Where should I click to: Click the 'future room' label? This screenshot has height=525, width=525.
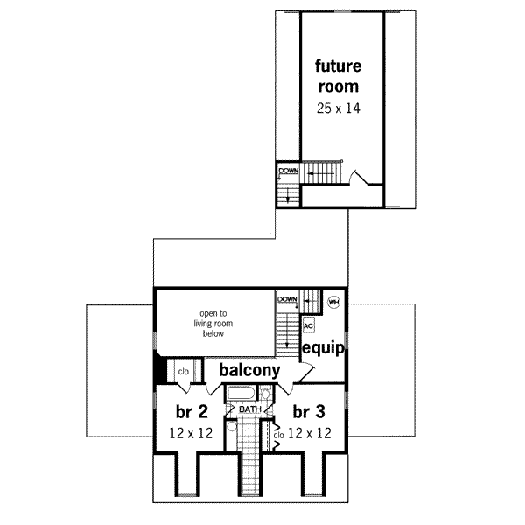click(x=337, y=75)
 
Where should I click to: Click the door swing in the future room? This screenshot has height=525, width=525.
click(x=359, y=180)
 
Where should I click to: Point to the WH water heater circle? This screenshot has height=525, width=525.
click(x=333, y=302)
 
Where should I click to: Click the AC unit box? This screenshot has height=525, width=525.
click(x=308, y=325)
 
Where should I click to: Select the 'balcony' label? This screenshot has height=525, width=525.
click(x=249, y=370)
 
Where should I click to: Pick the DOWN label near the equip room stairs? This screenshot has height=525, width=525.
click(x=288, y=299)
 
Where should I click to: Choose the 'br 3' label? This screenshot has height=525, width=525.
click(x=311, y=412)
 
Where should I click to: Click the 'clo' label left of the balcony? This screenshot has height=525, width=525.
click(x=184, y=371)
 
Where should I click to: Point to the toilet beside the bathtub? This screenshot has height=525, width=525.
click(x=265, y=393)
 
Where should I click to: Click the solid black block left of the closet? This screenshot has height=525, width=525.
click(x=159, y=369)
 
